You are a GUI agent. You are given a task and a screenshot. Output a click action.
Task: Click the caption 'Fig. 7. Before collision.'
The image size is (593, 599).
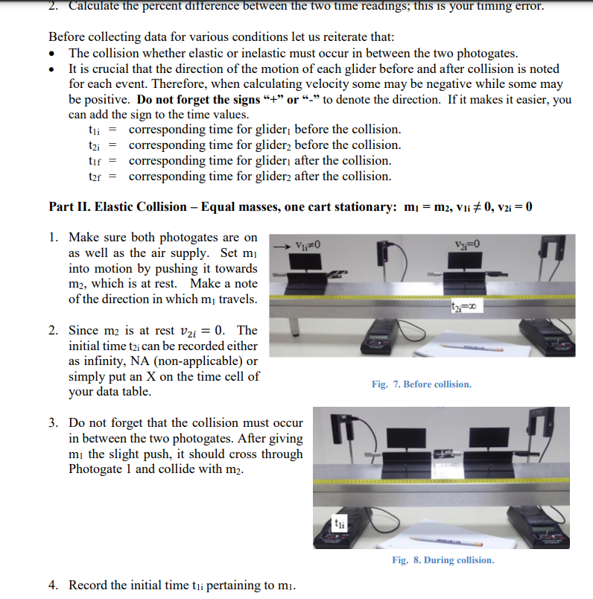(x=421, y=384)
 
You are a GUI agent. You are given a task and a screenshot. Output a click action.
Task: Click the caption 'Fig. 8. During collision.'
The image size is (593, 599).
(x=443, y=560)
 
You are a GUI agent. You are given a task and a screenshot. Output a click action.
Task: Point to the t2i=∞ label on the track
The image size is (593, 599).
(x=466, y=306)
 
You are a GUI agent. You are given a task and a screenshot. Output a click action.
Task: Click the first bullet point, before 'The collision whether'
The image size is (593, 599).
(x=53, y=54)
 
